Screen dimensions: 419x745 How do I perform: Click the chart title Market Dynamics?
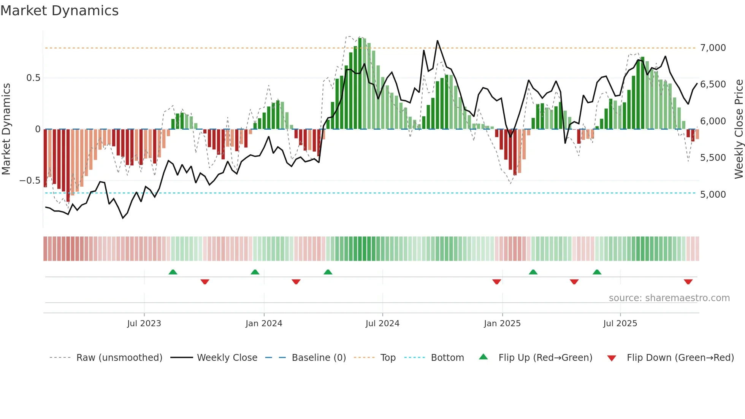coord(59,11)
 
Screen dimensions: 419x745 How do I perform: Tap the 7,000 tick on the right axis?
coord(713,48)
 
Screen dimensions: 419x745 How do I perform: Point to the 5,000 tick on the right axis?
coord(713,195)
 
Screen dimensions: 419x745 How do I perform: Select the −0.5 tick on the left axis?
coord(30,181)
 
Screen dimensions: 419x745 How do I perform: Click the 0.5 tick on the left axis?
coord(33,78)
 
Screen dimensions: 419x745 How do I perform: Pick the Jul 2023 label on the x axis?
coord(144,324)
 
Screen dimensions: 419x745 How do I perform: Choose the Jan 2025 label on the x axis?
coord(502,324)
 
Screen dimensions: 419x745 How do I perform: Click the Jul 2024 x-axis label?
coord(382,324)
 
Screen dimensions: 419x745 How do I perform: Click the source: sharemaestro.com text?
coord(669,298)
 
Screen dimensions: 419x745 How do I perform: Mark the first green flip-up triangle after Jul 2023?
coord(173,272)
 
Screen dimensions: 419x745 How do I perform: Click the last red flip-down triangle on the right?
coord(688,282)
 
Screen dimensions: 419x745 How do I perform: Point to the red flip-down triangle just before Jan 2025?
coord(496,282)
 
